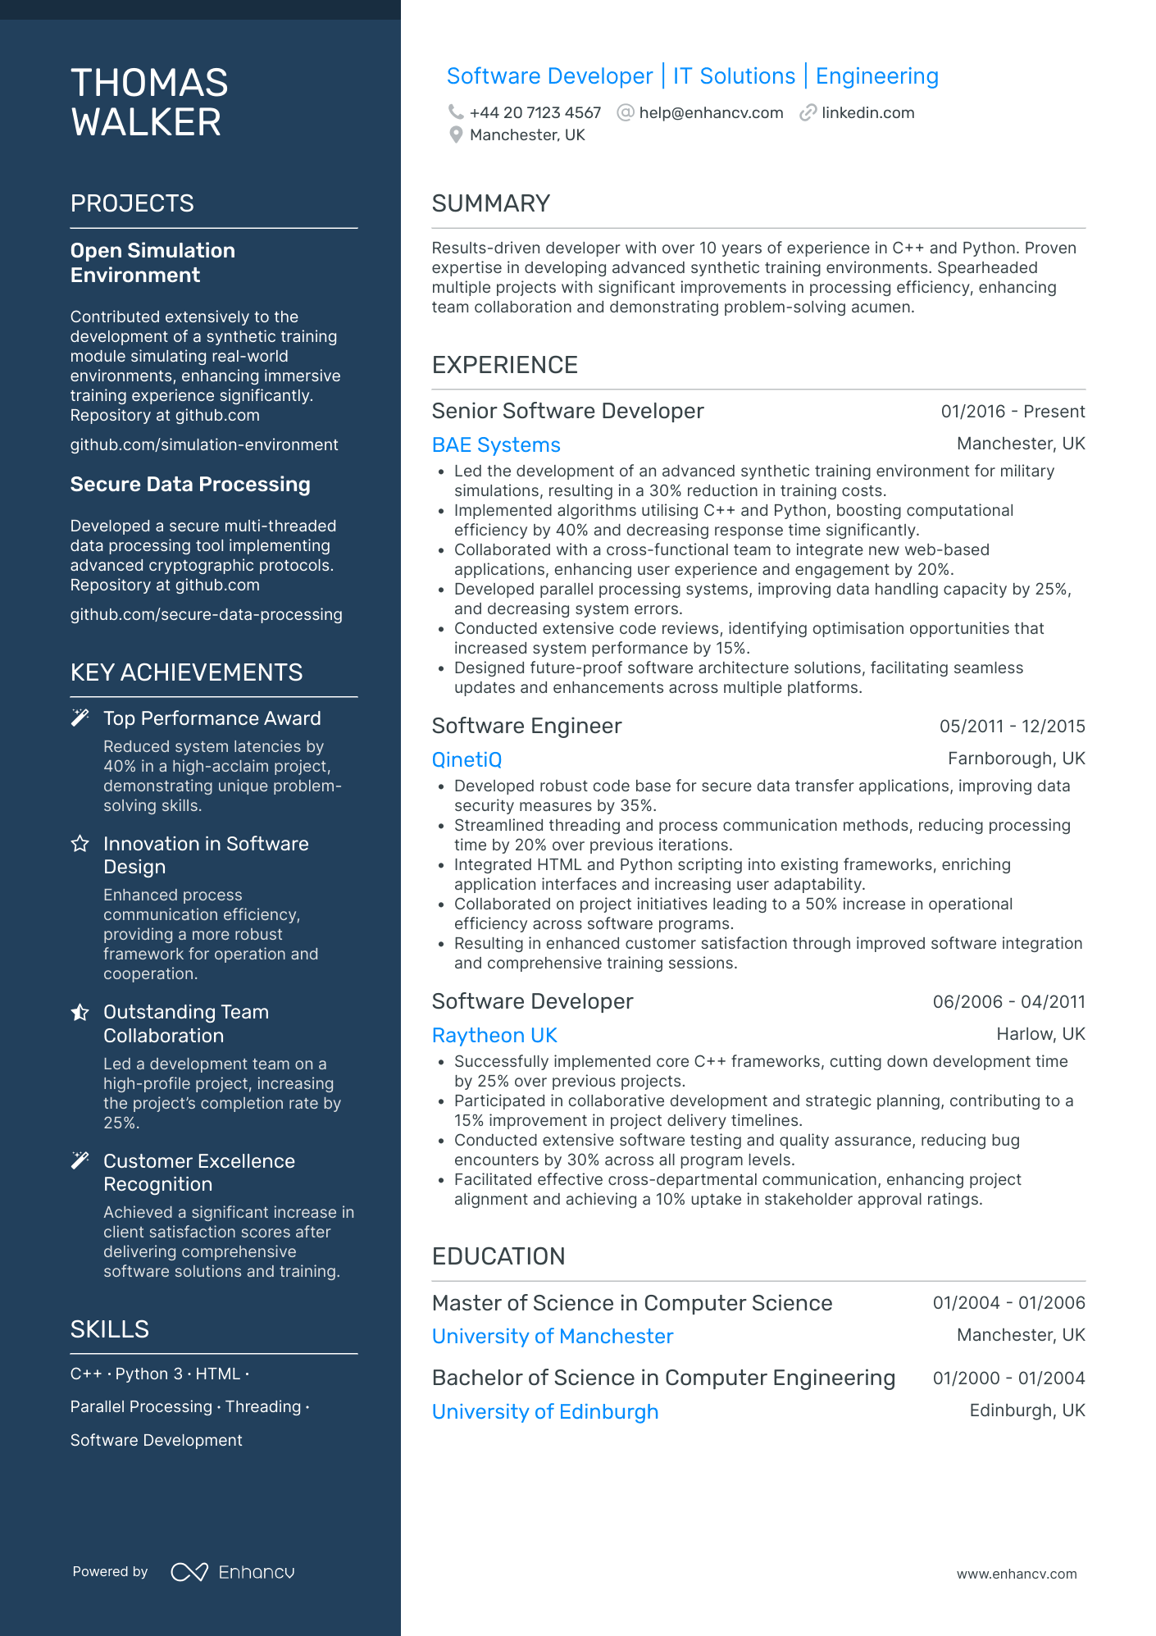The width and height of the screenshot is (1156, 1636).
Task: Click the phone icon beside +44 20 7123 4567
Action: pos(455,112)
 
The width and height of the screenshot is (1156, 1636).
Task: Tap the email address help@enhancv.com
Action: pos(711,112)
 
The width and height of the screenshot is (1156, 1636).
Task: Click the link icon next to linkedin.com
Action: pos(808,112)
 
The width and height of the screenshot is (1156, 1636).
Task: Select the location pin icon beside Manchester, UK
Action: pos(456,135)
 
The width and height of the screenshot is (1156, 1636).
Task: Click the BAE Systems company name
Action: pos(496,445)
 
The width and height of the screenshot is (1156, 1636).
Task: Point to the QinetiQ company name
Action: pos(466,760)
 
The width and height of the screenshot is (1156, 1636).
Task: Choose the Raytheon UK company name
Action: pos(494,1036)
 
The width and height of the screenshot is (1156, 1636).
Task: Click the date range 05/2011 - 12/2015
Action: pos(1012,727)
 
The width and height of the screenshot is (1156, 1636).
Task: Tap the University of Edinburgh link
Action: pos(545,1412)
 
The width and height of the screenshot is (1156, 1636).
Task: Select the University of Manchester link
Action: pos(553,1337)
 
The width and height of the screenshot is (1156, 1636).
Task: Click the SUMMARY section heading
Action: pos(490,203)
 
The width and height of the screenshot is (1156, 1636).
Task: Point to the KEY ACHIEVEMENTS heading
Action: pos(186,672)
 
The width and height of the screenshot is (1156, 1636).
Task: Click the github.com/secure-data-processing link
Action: pos(206,614)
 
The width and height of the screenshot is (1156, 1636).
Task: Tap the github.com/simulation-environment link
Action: pos(204,444)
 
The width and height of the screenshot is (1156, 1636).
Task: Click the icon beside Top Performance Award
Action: pos(80,718)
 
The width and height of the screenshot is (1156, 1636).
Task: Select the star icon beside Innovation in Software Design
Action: pos(80,844)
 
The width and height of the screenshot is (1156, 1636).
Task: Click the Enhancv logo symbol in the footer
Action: pos(189,1572)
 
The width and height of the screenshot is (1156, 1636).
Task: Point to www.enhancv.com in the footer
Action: pos(1017,1574)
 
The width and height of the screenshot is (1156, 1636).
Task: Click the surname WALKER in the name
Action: pos(146,123)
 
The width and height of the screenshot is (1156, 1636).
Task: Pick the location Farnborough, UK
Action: pos(1016,759)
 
